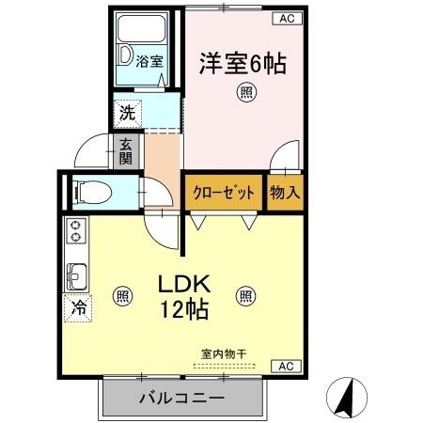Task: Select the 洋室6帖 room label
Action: pyautogui.click(x=243, y=63)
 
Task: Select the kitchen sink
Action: pyautogui.click(x=75, y=276)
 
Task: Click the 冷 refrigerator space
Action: pyautogui.click(x=78, y=306)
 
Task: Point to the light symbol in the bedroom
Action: pyautogui.click(x=245, y=92)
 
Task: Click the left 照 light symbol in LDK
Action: pyautogui.click(x=123, y=295)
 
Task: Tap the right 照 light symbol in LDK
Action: pyautogui.click(x=245, y=295)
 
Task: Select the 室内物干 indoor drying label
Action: pyautogui.click(x=224, y=353)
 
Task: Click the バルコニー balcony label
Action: pyautogui.click(x=181, y=399)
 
